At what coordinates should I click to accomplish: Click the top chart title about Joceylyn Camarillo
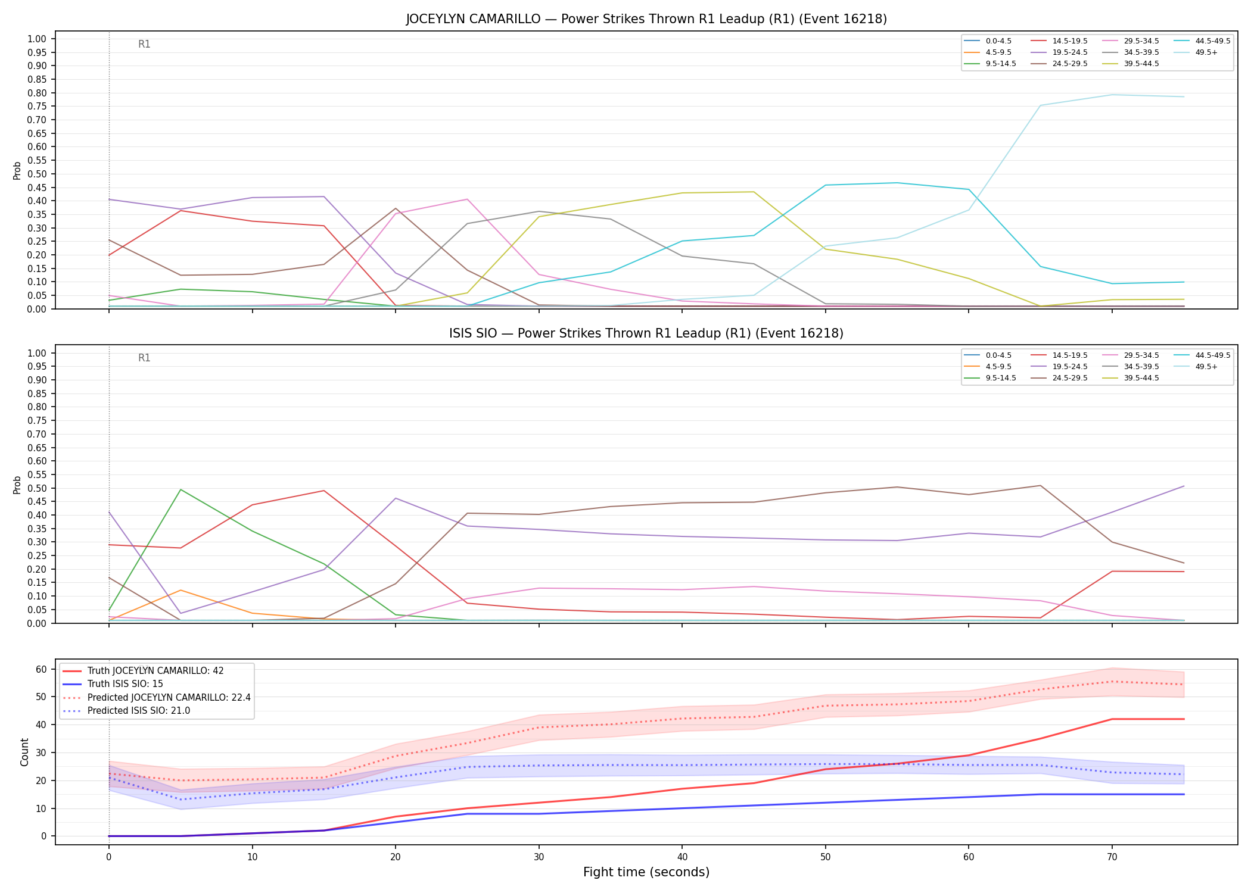coord(646,19)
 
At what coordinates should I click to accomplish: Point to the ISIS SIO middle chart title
coord(646,333)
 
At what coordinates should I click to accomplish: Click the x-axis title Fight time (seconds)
coord(646,872)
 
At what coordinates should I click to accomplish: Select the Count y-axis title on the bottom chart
coord(24,752)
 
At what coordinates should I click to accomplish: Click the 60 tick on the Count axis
coord(41,669)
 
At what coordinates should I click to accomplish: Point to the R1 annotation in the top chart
coord(144,44)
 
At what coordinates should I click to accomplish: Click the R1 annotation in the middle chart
coord(144,358)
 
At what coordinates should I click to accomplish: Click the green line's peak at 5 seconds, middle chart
coord(181,489)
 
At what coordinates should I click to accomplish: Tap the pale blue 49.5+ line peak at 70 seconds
coord(1112,95)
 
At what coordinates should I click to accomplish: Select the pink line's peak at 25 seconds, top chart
coord(467,199)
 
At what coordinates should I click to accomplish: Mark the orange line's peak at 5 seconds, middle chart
coord(181,590)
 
